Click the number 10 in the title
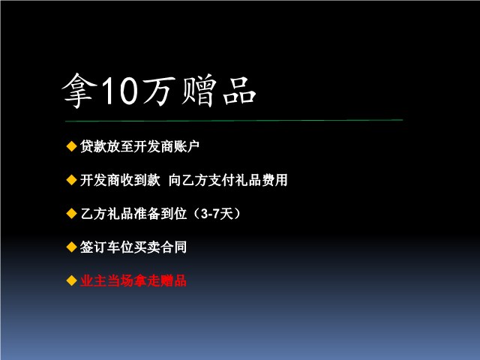click(119, 91)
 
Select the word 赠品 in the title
click(218, 91)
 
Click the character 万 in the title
click(159, 91)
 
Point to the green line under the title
click(234, 121)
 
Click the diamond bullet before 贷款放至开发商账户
click(71, 146)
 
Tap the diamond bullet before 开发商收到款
click(71, 180)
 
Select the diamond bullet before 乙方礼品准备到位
click(71, 213)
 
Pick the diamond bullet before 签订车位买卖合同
click(71, 247)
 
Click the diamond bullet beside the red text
click(71, 280)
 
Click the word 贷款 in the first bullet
click(93, 146)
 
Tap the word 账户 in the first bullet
click(187, 146)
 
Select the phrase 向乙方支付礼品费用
click(228, 180)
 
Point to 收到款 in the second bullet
click(140, 180)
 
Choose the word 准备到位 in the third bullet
click(160, 214)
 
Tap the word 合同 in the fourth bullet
click(173, 247)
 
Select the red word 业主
click(93, 280)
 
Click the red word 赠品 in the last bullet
click(173, 280)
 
